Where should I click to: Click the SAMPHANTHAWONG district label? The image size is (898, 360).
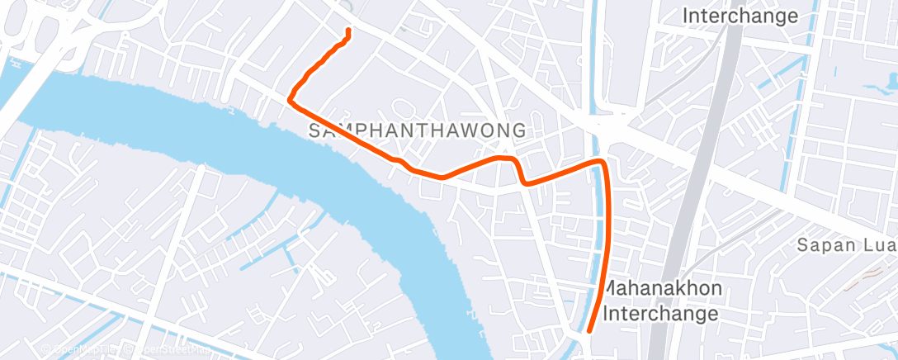(x=417, y=130)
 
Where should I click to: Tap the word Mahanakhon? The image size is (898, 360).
(x=664, y=289)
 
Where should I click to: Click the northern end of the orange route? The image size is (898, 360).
(x=347, y=31)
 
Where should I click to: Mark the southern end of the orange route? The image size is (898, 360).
(x=588, y=331)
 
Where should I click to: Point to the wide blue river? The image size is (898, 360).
(x=248, y=124)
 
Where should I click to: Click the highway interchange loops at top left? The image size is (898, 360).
(x=58, y=41)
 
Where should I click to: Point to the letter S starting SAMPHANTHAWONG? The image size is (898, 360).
(x=314, y=130)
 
